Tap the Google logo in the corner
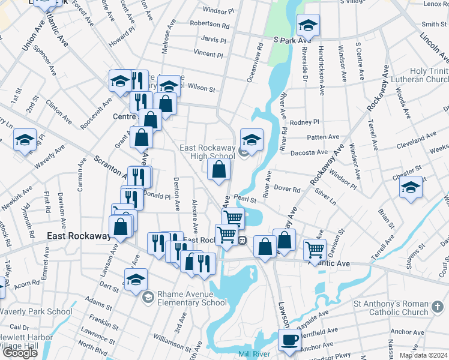click(20, 353)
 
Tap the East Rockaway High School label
click(207, 152)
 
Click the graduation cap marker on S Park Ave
click(308, 25)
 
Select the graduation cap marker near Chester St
click(411, 187)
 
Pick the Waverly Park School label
click(36, 311)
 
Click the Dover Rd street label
click(288, 189)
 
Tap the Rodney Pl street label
click(304, 122)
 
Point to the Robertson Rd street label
click(209, 26)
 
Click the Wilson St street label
click(201, 88)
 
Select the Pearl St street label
click(246, 197)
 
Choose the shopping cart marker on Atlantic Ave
click(315, 250)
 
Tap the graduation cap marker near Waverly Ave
click(25, 140)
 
